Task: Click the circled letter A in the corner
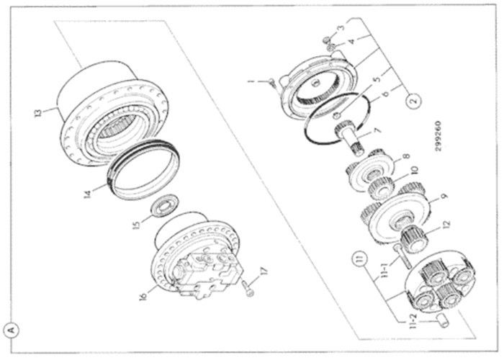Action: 12,330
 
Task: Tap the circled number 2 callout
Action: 414,100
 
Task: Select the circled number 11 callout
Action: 361,259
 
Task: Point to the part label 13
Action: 38,113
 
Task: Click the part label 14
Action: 88,194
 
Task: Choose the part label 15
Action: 136,225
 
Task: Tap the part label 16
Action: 144,296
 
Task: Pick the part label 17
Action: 264,271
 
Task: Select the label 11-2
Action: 414,321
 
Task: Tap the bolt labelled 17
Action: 248,288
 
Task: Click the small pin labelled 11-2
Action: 441,321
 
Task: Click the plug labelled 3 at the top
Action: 325,40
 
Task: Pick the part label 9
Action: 444,196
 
